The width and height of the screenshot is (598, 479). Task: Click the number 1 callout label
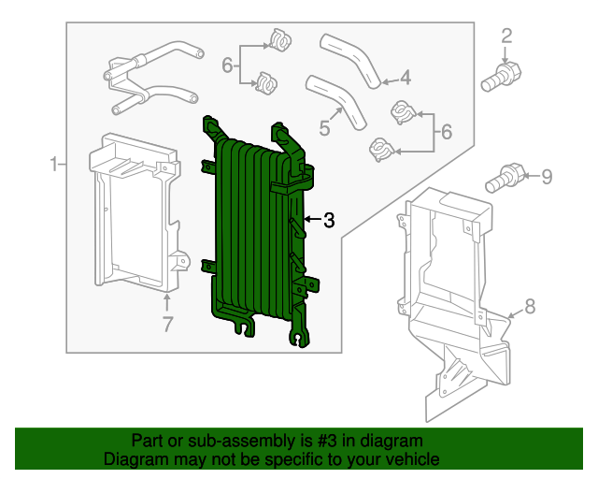(x=54, y=166)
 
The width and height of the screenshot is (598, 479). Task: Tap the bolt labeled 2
(x=501, y=76)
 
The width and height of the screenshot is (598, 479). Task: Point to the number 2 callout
(x=506, y=37)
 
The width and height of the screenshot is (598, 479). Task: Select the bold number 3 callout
(x=328, y=221)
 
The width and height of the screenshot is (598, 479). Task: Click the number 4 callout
(x=405, y=78)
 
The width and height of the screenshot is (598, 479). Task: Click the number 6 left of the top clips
(x=226, y=65)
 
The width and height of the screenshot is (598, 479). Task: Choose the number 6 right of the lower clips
(x=446, y=133)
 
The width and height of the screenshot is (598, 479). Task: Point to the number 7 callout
(x=167, y=325)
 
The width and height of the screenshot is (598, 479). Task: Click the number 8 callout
(x=529, y=306)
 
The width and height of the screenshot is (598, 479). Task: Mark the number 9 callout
(x=548, y=175)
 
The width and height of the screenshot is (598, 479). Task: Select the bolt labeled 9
(x=505, y=176)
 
